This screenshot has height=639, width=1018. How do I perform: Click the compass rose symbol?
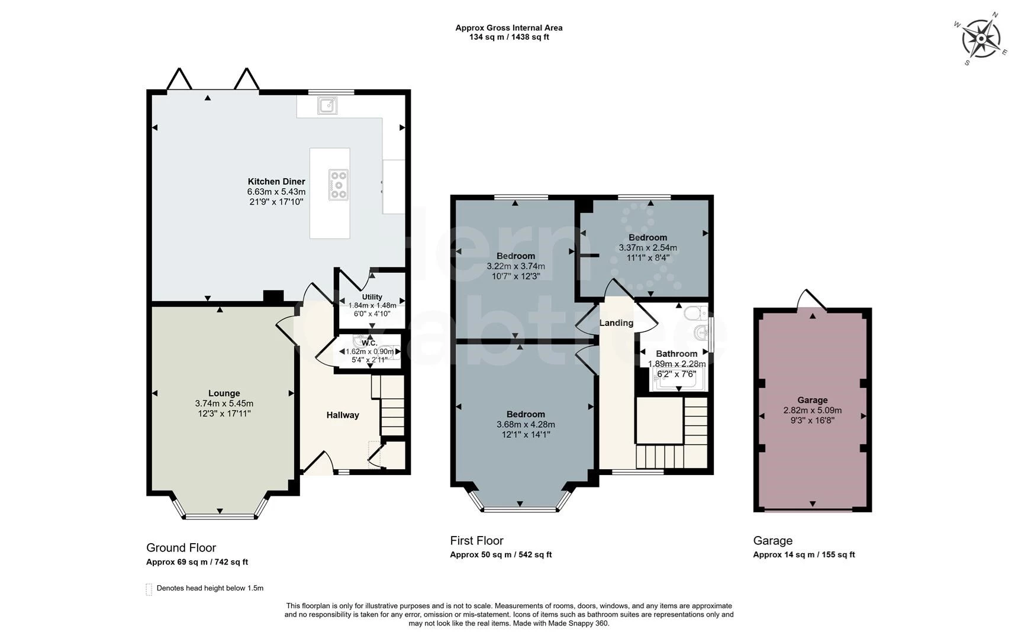(x=980, y=39)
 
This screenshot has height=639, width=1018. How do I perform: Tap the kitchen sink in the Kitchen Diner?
(x=327, y=105)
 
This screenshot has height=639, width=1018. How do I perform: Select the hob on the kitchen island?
(x=338, y=184)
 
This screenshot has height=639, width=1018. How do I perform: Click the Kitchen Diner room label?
(x=276, y=182)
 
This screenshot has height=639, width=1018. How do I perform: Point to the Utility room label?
(x=372, y=297)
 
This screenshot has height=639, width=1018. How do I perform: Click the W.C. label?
(x=369, y=343)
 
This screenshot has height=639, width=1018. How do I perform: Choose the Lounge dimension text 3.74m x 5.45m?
(x=224, y=404)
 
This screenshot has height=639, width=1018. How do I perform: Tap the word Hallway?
(x=343, y=415)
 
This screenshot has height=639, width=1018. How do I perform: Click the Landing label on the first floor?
(x=616, y=323)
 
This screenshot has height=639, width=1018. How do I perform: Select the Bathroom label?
(x=676, y=354)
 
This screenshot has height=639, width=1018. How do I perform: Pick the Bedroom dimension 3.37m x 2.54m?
(x=648, y=248)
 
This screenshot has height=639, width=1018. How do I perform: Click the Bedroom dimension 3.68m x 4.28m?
(x=526, y=424)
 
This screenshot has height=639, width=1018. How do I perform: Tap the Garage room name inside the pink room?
(x=812, y=400)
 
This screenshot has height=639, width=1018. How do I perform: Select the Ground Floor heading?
(x=181, y=548)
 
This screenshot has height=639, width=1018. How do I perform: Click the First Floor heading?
(x=476, y=540)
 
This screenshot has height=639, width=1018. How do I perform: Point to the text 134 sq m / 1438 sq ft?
(x=509, y=37)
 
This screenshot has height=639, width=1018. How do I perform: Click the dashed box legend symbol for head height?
(x=149, y=589)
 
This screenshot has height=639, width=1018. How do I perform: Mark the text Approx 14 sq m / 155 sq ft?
(x=804, y=554)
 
